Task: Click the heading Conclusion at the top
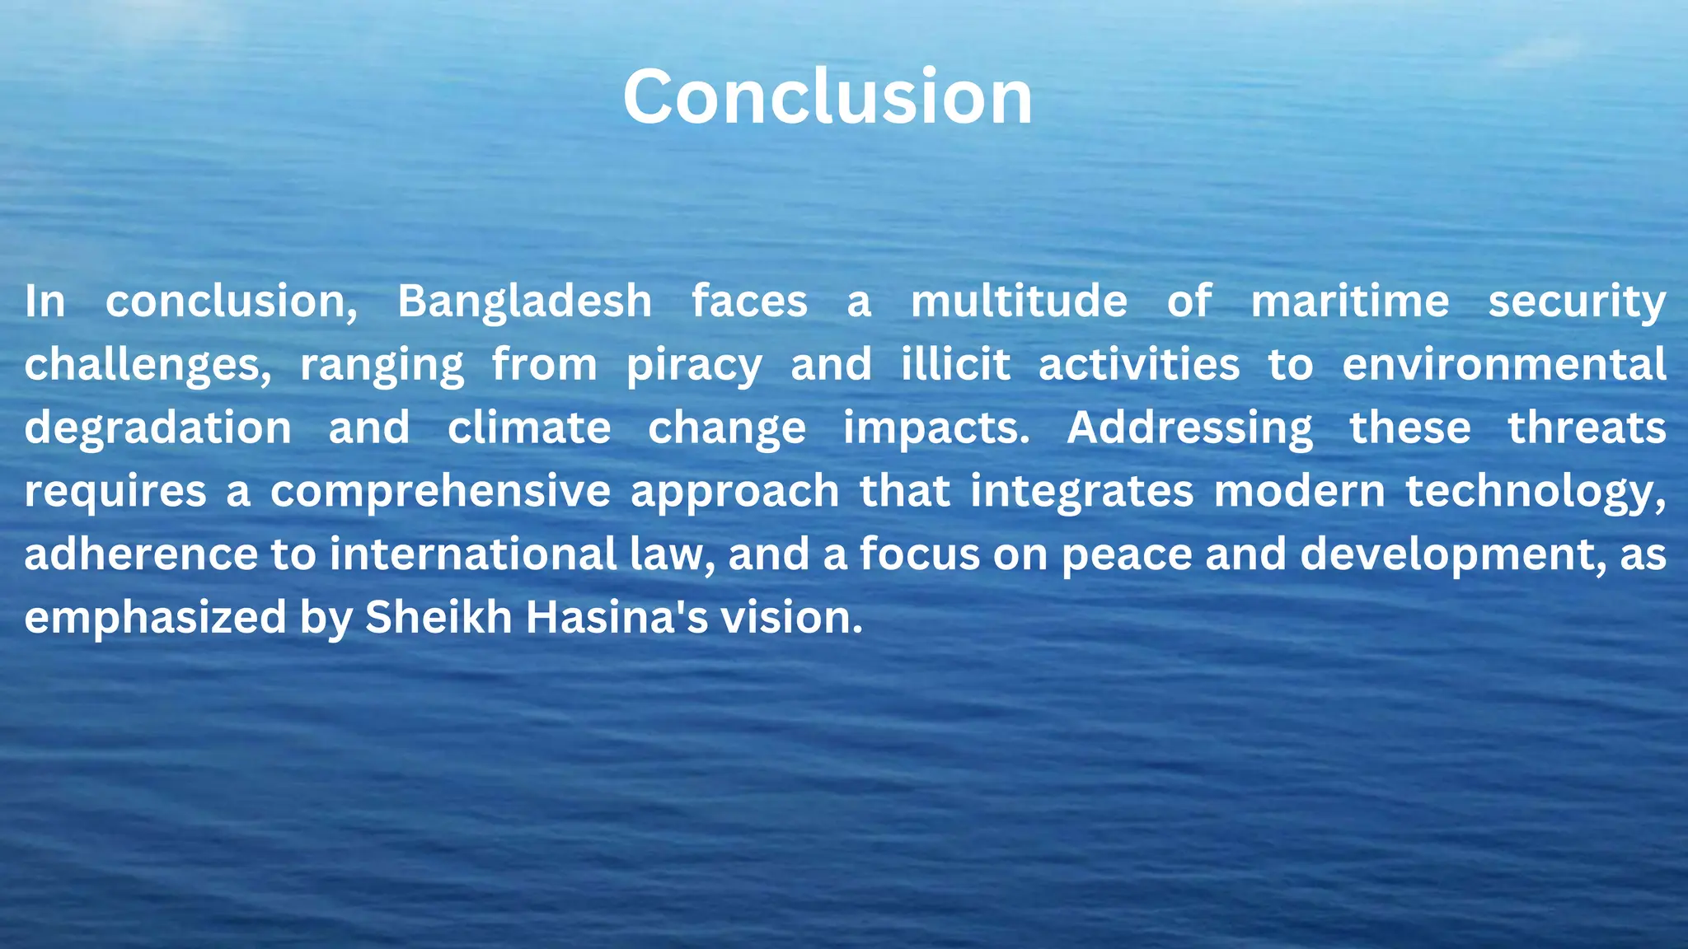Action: click(x=828, y=97)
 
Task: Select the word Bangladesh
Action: click(x=524, y=302)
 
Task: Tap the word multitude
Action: click(x=1019, y=302)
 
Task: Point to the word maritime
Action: click(x=1350, y=302)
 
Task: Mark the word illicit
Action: click(x=955, y=365)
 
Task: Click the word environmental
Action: click(x=1503, y=365)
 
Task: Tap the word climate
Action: click(x=529, y=428)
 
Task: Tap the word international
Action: click(x=473, y=554)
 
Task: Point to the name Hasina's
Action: click(x=617, y=618)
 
